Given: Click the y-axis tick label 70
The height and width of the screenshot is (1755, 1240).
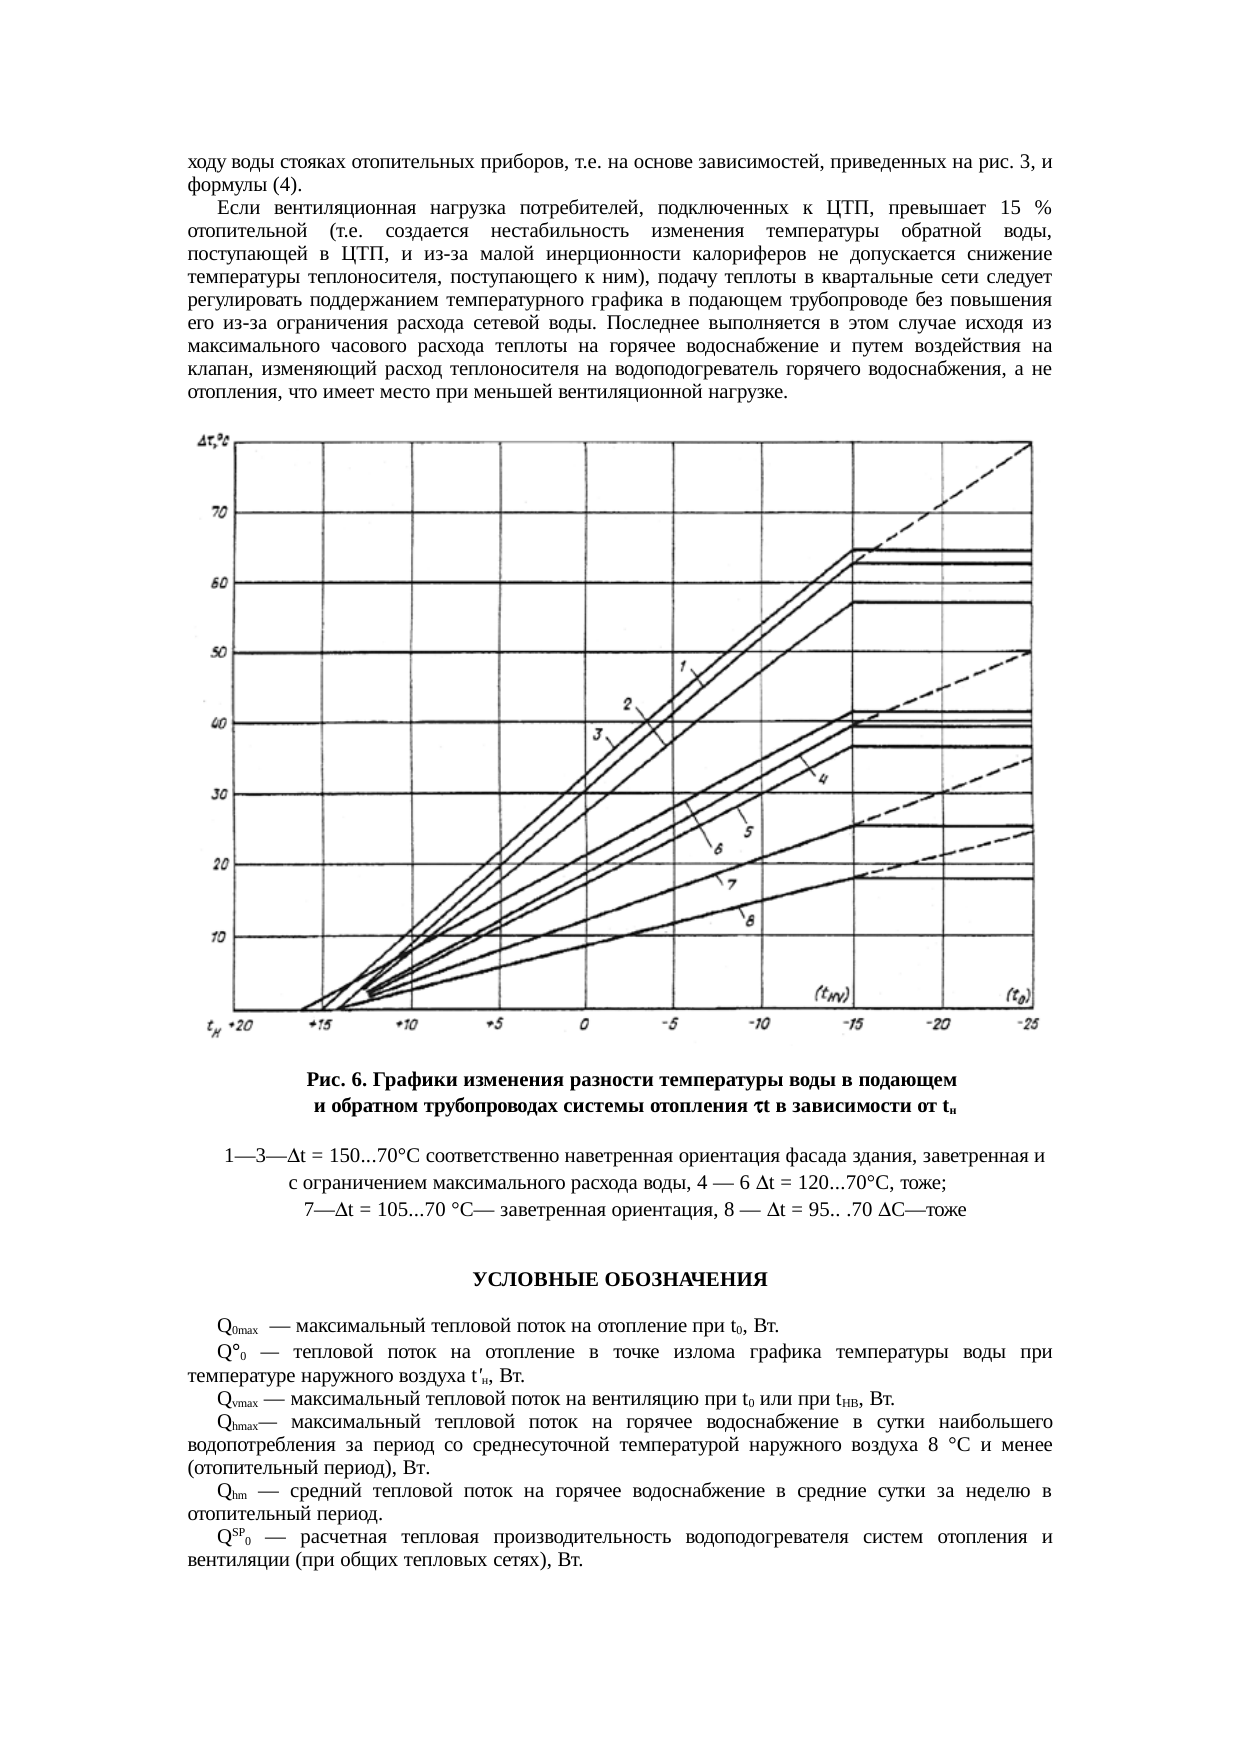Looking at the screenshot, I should [218, 511].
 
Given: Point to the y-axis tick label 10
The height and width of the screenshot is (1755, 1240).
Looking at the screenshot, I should [218, 937].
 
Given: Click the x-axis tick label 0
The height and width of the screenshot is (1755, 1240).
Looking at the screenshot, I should [584, 1025].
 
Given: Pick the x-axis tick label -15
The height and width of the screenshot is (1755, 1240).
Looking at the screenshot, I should [853, 1024].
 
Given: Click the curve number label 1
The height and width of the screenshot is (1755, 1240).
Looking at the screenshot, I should [682, 665].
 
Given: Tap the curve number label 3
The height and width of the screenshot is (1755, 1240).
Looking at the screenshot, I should [597, 735].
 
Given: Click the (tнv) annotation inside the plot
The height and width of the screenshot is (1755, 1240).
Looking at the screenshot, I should [830, 994].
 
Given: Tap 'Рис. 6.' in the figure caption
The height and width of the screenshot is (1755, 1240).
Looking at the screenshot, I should [337, 1080].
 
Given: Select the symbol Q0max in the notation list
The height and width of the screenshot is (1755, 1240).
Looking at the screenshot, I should [237, 1328].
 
